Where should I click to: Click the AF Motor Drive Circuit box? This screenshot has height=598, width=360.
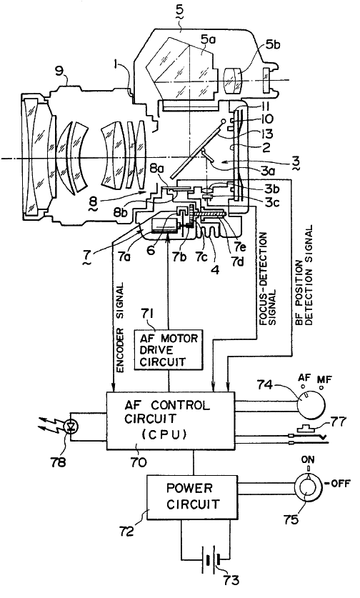pyautogui.click(x=169, y=349)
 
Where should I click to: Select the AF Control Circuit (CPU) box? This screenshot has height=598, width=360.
pyautogui.click(x=170, y=421)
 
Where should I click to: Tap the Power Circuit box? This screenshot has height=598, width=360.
pyautogui.click(x=192, y=497)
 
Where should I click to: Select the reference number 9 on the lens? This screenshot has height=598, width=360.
pyautogui.click(x=59, y=72)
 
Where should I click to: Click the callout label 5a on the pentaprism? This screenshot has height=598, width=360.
pyautogui.click(x=209, y=40)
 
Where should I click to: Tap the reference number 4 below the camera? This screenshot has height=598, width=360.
pyautogui.click(x=216, y=270)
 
